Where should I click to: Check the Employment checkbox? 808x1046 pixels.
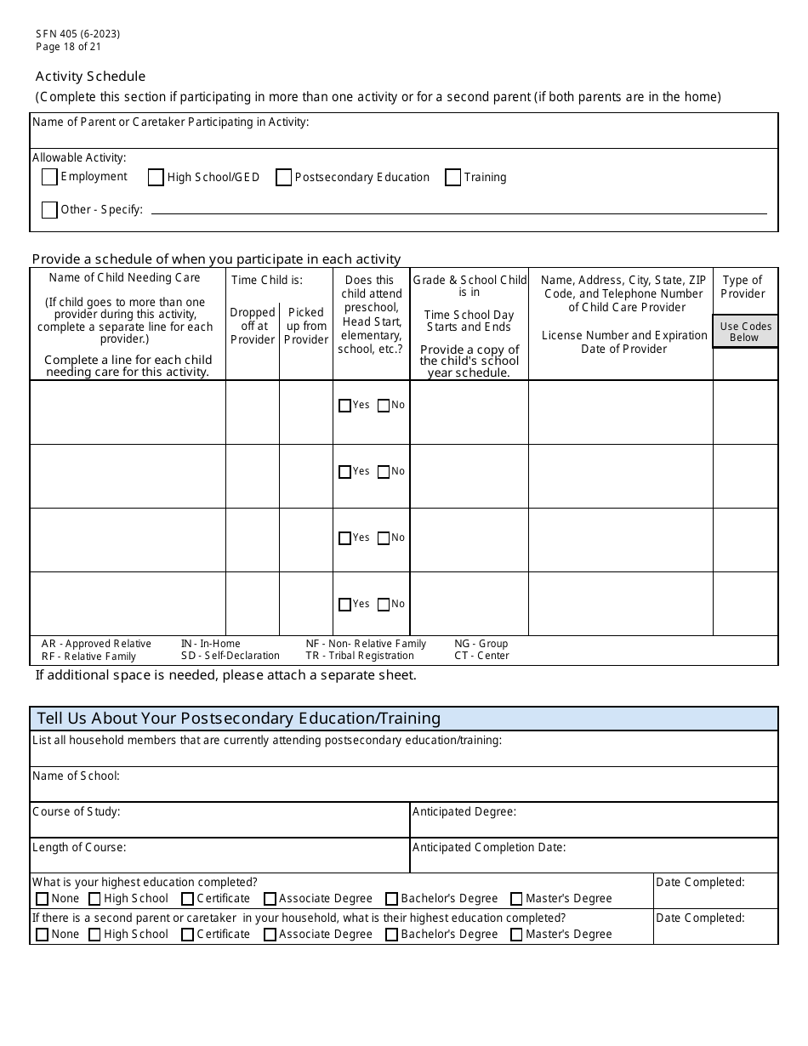tap(49, 177)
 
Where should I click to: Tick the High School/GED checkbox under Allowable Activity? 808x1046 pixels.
tap(156, 178)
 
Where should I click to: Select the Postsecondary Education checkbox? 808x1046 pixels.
tap(284, 178)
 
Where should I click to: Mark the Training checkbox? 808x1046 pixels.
tap(453, 178)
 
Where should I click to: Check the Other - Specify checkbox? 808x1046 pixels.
tap(49, 210)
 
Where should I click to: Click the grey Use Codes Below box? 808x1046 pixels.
tap(745, 332)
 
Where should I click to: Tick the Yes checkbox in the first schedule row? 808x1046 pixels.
tap(344, 406)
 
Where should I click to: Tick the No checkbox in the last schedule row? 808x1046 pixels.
tap(384, 605)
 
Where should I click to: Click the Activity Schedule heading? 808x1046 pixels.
tap(90, 77)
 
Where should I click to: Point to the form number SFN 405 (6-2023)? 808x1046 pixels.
tap(77, 34)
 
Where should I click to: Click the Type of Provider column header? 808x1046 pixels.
tap(743, 287)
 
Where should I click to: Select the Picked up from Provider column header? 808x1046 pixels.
tap(306, 326)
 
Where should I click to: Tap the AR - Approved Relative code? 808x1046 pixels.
tap(96, 644)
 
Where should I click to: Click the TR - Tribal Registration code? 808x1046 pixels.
tap(360, 656)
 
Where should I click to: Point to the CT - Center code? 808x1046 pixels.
tap(481, 656)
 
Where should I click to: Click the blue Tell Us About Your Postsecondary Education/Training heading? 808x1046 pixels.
tap(239, 719)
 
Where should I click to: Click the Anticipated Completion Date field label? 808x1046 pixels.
tap(489, 847)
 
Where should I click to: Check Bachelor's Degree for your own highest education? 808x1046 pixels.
tap(391, 899)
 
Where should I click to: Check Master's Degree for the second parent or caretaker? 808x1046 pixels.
tap(516, 935)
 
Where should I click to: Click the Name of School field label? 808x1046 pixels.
tap(76, 776)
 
